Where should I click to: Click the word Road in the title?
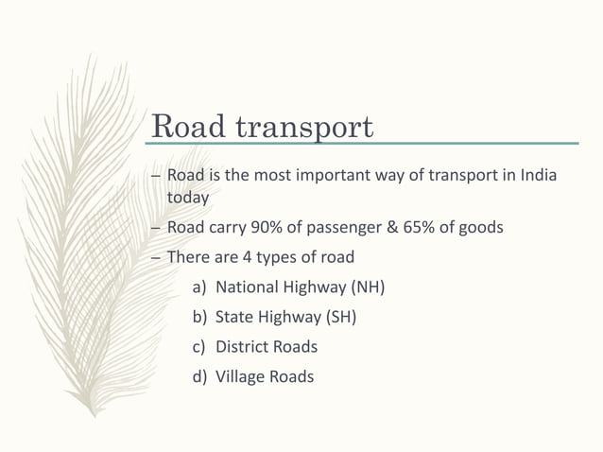pos(185,126)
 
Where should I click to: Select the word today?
pos(187,198)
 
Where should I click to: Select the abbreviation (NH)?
pos(369,287)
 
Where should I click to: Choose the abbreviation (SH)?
pos(339,317)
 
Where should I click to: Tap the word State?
pos(233,317)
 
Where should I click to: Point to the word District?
pos(243,347)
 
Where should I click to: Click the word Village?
pos(240,376)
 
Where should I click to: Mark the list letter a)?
pos(200,287)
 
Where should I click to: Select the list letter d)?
pos(200,376)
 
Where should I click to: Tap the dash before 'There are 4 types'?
pos(156,257)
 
